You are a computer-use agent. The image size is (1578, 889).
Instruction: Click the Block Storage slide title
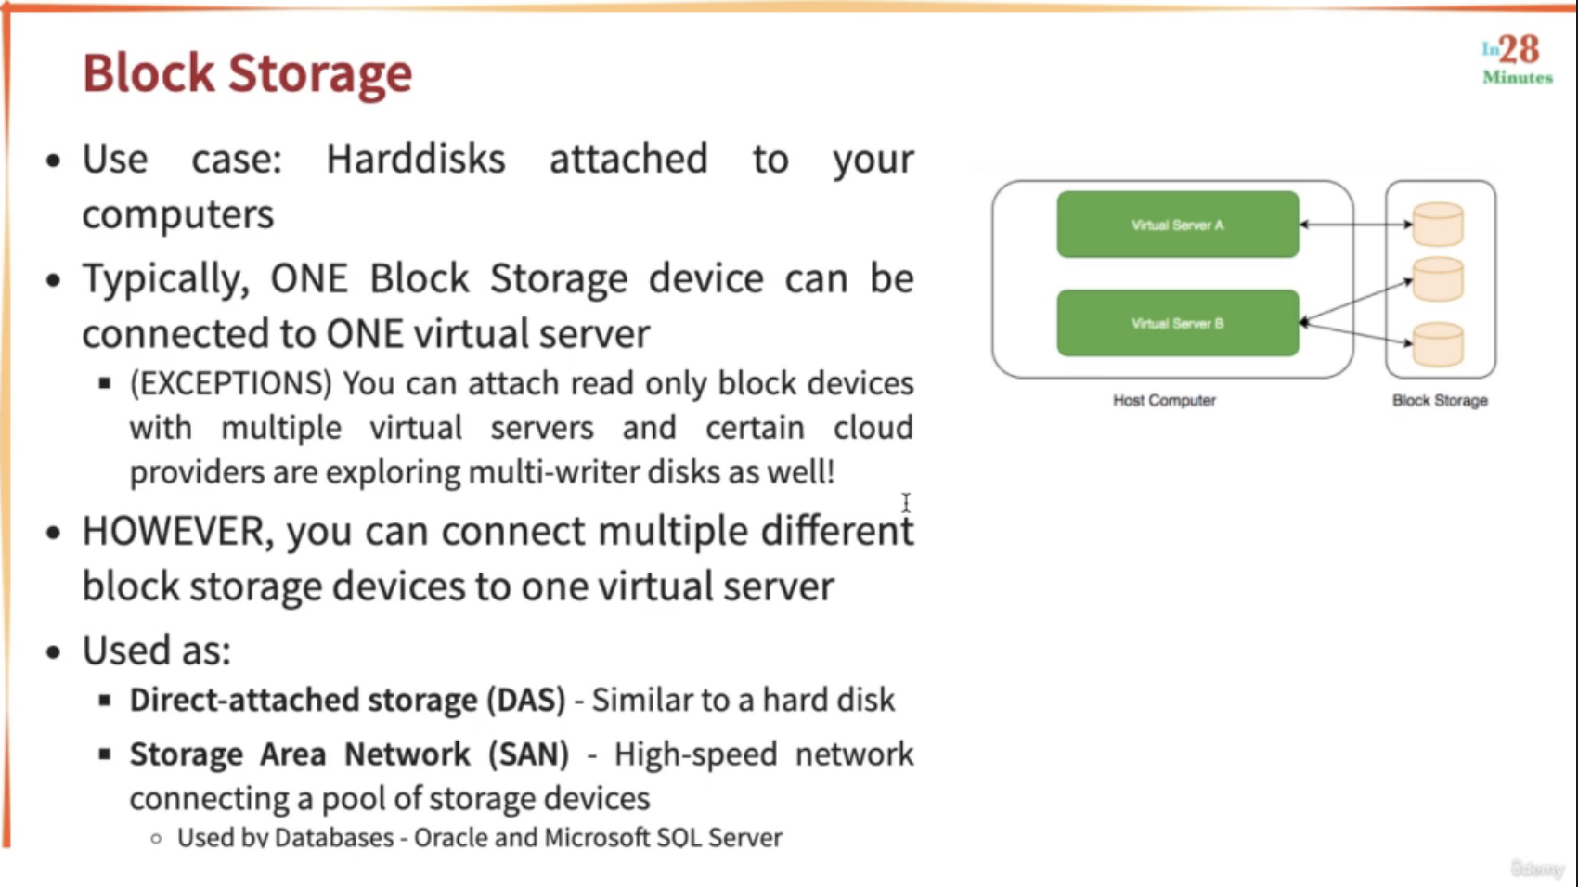click(x=247, y=73)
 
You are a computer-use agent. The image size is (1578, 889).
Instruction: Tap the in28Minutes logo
click(x=1518, y=60)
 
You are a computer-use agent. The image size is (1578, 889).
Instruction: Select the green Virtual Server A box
click(x=1178, y=225)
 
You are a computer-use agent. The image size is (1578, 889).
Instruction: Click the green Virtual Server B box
click(x=1178, y=323)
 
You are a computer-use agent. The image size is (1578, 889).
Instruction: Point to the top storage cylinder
click(x=1438, y=224)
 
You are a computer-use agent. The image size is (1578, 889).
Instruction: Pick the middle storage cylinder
click(x=1438, y=279)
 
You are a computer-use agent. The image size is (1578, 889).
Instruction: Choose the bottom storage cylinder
click(x=1438, y=344)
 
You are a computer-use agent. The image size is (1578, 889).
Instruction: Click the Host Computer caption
click(x=1164, y=400)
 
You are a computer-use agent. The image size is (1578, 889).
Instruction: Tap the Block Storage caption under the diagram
click(x=1440, y=400)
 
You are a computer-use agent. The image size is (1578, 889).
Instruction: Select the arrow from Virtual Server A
click(x=1356, y=225)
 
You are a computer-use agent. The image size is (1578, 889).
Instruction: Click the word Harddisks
click(x=416, y=159)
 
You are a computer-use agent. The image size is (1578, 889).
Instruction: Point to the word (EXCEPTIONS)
click(x=230, y=383)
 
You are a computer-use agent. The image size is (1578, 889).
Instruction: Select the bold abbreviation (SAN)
click(x=529, y=754)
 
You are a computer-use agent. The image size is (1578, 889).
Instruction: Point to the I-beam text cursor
click(x=906, y=503)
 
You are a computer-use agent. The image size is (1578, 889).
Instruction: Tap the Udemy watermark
click(x=1537, y=869)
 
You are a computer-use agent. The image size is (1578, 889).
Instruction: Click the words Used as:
click(x=156, y=650)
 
